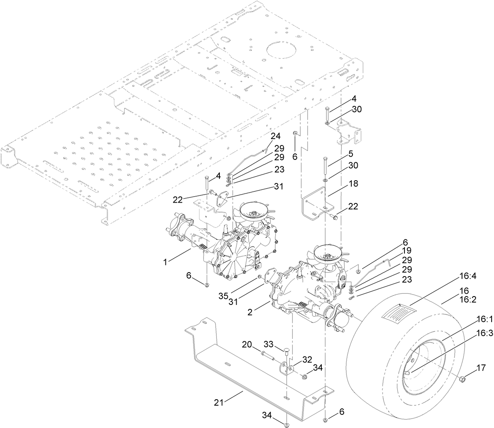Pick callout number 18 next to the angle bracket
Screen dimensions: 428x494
pos(353,184)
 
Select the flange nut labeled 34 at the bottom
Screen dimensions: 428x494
pos(287,424)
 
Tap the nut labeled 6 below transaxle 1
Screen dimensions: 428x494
pos(207,285)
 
